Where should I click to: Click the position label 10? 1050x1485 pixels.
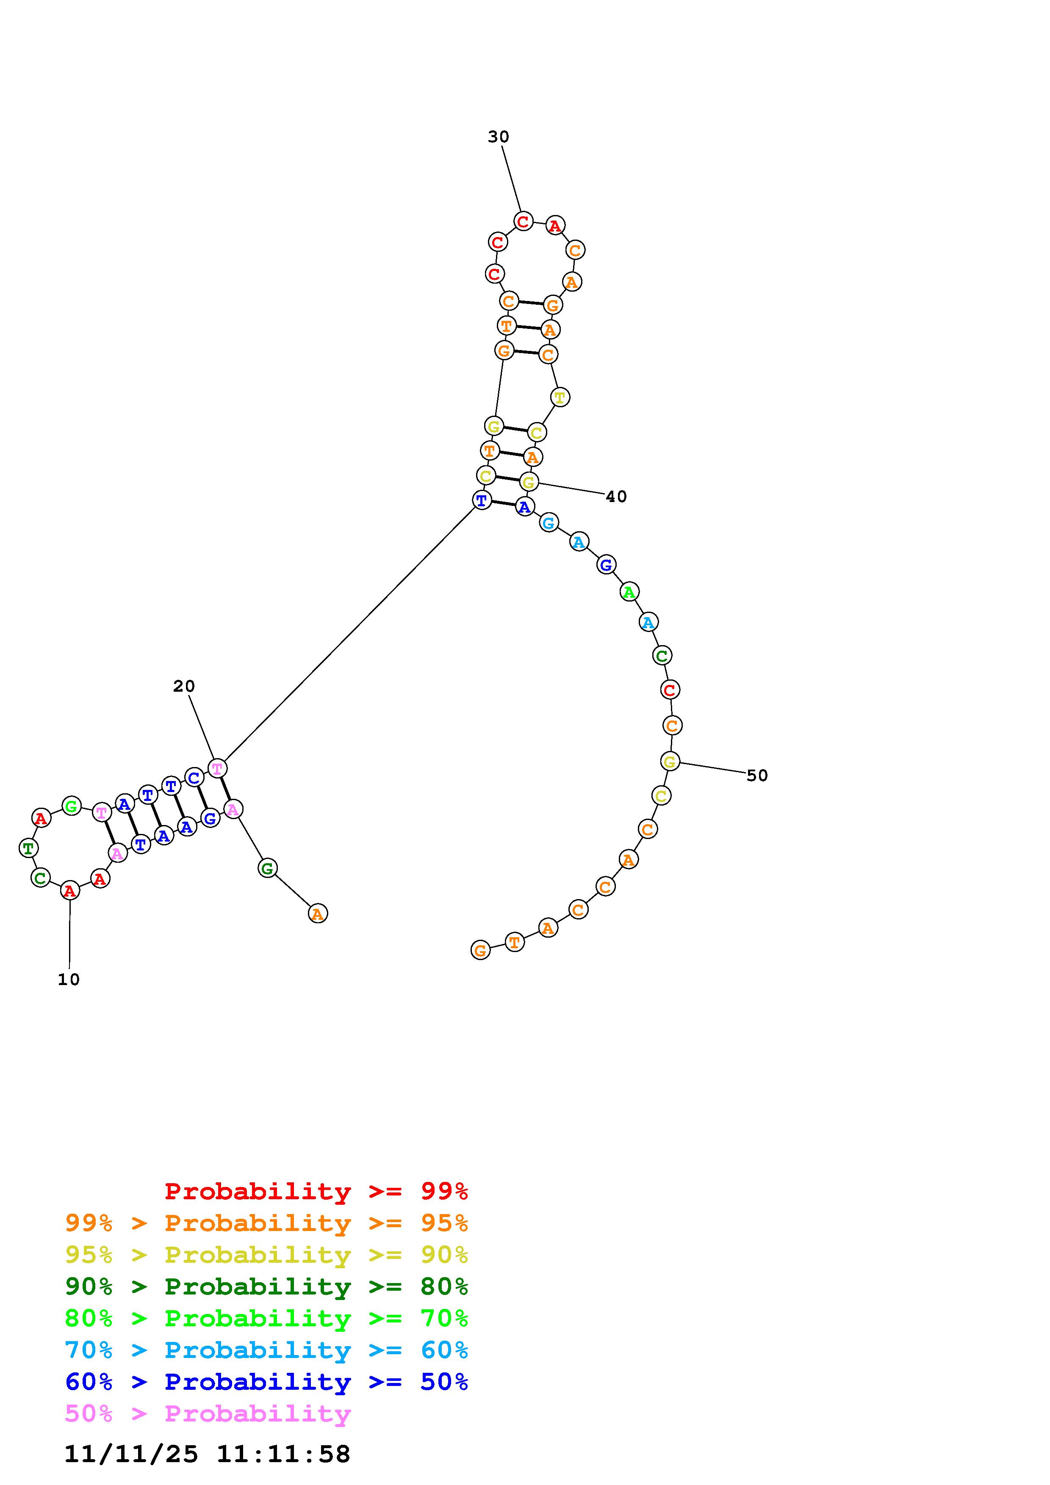pos(69,980)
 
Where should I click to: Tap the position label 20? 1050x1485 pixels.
pos(184,686)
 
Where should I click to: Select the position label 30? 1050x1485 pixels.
pos(498,137)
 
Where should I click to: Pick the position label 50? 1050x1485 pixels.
pos(757,776)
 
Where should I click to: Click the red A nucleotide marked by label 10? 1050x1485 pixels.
pos(70,891)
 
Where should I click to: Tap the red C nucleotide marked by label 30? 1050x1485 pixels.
pos(524,221)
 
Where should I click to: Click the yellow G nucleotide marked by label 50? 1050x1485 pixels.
pos(670,761)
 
